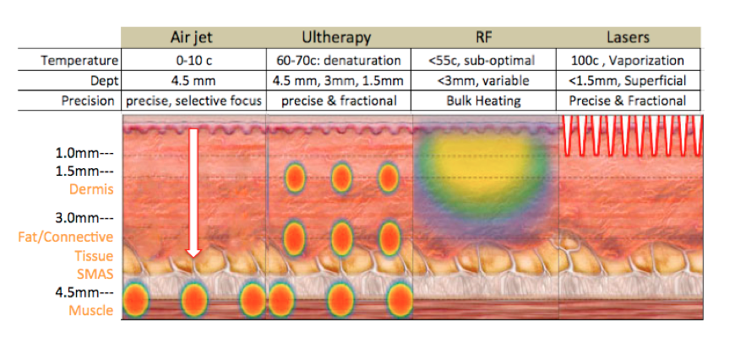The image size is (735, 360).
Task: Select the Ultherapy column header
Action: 336,37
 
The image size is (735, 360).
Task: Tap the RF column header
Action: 484,37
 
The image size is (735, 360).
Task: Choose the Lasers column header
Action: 628,37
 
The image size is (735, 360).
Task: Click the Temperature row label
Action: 79,61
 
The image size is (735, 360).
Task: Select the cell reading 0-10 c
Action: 193,61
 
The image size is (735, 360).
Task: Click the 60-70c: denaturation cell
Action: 337,61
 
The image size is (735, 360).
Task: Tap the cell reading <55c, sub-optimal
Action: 484,61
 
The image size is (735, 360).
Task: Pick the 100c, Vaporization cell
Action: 628,61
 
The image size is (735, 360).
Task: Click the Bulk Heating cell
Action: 484,101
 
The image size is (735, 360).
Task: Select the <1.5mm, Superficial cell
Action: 628,80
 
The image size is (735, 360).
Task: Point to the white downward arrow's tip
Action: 193,258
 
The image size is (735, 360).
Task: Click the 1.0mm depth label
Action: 84,154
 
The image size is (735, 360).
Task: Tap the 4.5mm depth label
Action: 84,292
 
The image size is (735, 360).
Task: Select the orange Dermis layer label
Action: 91,189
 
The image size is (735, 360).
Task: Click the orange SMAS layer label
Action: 95,274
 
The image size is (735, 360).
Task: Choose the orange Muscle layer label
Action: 91,310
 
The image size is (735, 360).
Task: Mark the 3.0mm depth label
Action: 84,218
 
